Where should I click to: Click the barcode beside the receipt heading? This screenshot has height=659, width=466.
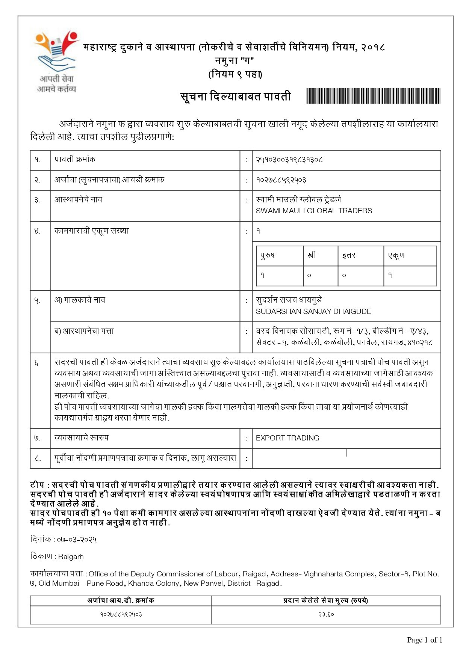(x=373, y=96)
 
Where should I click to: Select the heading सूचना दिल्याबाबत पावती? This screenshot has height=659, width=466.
(x=236, y=97)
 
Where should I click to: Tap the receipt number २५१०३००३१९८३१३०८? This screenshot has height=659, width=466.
(x=289, y=160)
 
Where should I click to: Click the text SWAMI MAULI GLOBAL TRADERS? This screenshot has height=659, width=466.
(x=314, y=211)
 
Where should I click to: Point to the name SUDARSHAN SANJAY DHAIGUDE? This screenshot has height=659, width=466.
(x=313, y=311)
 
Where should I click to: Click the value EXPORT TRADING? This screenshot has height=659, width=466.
(x=287, y=438)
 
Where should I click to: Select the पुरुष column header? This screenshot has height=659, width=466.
(x=268, y=255)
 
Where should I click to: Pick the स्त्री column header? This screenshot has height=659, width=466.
(x=312, y=255)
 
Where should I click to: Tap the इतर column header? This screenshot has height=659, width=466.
(x=349, y=255)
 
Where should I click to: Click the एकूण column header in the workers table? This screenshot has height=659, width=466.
(x=396, y=255)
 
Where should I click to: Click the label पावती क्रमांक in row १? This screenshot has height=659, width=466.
(x=75, y=160)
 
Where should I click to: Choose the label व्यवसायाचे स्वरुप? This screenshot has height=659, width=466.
(x=82, y=438)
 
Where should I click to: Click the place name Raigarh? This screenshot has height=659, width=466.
(x=71, y=557)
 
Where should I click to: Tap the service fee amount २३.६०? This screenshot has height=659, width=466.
(x=326, y=615)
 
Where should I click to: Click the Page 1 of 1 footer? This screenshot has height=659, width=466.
(x=425, y=640)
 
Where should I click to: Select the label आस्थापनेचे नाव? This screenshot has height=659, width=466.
(x=78, y=200)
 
